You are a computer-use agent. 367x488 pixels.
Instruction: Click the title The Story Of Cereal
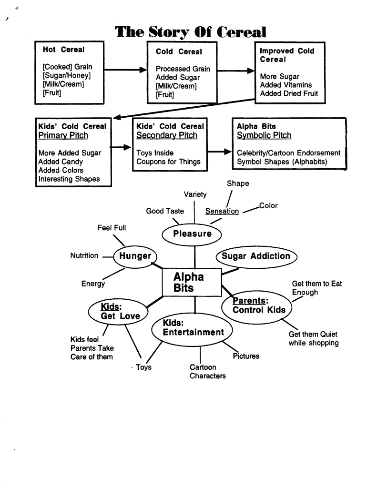pyautogui.click(x=191, y=32)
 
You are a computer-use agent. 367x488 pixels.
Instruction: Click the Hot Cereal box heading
pyautogui.click(x=63, y=50)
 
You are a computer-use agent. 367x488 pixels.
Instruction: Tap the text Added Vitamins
pyautogui.click(x=286, y=85)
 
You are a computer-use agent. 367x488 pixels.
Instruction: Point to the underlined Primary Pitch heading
pyautogui.click(x=63, y=135)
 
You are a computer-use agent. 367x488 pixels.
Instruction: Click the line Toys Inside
pyautogui.click(x=155, y=153)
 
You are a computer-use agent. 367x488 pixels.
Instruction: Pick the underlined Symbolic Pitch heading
pyautogui.click(x=264, y=135)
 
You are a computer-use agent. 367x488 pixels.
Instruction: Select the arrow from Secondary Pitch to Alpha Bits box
pyautogui.click(x=219, y=152)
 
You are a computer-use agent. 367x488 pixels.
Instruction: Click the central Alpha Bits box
pyautogui.click(x=192, y=282)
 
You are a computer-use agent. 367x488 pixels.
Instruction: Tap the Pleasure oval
pyautogui.click(x=192, y=234)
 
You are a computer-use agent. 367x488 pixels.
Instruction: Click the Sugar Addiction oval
pyautogui.click(x=256, y=256)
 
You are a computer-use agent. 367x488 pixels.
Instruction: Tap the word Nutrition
pyautogui.click(x=84, y=256)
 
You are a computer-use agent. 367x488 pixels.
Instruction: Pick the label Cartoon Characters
pyautogui.click(x=207, y=372)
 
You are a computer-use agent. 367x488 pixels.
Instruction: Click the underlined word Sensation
pyautogui.click(x=222, y=211)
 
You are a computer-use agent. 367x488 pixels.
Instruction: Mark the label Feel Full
pyautogui.click(x=112, y=228)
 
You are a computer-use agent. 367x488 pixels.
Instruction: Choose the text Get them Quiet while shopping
pyautogui.click(x=313, y=339)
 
